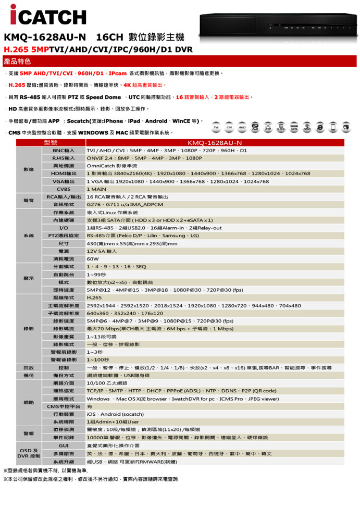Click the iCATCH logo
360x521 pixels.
point(47,16)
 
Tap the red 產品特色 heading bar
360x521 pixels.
point(180,61)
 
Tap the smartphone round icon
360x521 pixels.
point(346,128)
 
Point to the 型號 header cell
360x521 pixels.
point(51,142)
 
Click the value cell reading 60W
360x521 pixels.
point(93,259)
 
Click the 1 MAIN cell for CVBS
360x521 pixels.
point(96,189)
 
